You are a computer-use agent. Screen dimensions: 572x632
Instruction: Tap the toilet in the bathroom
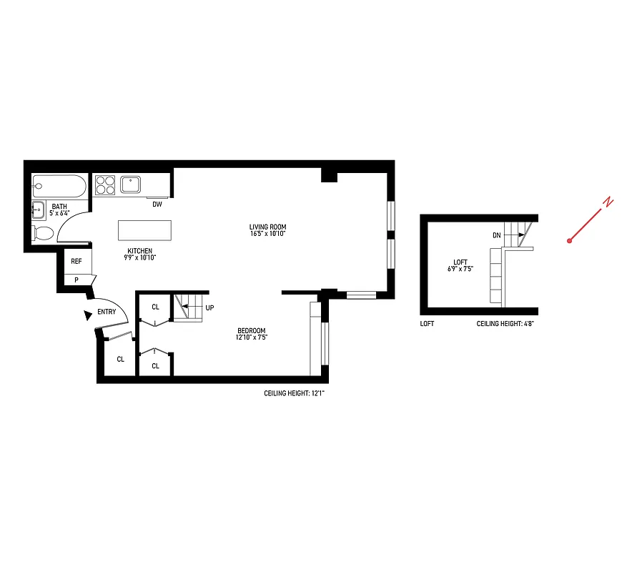coord(43,233)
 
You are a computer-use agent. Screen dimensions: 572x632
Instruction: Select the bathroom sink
coord(38,209)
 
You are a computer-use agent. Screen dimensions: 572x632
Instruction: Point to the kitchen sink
coord(132,184)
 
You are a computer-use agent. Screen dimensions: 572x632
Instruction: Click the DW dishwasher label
coord(157,204)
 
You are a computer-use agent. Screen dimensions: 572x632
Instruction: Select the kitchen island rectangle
coord(145,230)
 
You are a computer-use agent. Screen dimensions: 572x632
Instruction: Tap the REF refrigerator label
coord(76,262)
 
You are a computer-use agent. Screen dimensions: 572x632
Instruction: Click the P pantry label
coord(76,280)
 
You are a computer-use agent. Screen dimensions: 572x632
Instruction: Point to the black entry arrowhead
coord(87,313)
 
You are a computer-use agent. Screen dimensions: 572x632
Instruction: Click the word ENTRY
coord(107,312)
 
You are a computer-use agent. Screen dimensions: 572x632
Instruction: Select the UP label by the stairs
coord(210,307)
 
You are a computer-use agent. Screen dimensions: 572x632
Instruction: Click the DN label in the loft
coord(496,235)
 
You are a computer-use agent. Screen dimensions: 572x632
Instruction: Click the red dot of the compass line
coord(570,241)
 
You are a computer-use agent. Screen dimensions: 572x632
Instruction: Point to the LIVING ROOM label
coord(268,227)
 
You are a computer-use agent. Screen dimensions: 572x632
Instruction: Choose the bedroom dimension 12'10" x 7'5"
coord(252,337)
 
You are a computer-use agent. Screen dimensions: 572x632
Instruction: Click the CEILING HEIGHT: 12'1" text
coord(295,393)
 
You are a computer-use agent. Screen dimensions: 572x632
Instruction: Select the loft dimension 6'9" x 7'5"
coord(460,269)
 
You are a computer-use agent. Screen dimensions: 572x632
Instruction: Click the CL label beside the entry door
coord(120,359)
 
